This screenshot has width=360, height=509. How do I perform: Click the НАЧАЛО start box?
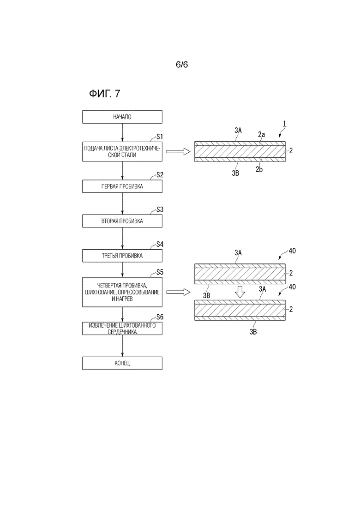(122, 117)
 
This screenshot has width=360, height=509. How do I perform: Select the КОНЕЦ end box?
(122, 363)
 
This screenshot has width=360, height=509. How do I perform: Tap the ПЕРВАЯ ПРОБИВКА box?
(122, 186)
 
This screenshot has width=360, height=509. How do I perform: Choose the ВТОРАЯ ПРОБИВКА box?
(122, 221)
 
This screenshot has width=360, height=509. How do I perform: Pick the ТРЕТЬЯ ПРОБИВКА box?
(122, 256)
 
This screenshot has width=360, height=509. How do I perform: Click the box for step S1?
(122, 151)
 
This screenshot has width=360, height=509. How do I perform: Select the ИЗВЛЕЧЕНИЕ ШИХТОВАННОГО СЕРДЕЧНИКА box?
(122, 329)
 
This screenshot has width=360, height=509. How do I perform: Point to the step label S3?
(160, 210)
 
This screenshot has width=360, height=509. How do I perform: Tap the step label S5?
(160, 272)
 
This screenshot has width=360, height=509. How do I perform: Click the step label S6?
(160, 317)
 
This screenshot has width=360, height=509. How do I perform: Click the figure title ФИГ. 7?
(104, 94)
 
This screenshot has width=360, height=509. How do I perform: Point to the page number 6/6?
(182, 65)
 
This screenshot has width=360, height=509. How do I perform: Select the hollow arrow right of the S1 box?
(178, 151)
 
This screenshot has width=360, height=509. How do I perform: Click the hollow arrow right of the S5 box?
(178, 292)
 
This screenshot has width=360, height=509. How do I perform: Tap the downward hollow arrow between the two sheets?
(240, 292)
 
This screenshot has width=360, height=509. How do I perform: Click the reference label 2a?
(261, 134)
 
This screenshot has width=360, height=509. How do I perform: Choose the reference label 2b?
(259, 169)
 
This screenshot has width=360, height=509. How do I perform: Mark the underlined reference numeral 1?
(284, 124)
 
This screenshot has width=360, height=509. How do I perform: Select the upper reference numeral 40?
(292, 251)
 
